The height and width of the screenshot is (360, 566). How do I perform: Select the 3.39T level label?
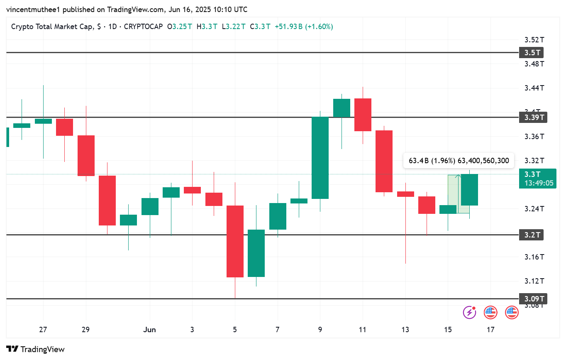533,118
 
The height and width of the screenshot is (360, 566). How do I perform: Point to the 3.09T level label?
533,299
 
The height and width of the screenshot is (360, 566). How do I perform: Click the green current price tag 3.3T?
537,174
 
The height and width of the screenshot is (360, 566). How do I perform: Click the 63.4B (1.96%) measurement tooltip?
459,161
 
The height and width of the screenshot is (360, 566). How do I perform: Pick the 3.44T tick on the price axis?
534,88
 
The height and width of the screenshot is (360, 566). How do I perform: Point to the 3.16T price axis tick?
534,257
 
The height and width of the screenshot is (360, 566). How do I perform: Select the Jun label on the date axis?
149,330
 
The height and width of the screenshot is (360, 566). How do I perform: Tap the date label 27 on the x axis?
43,330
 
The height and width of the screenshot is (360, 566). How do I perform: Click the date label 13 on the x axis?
405,330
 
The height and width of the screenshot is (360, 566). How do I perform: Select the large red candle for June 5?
235,241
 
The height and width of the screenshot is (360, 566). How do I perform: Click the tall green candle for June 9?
320,158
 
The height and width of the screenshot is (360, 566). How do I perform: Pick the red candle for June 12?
384,161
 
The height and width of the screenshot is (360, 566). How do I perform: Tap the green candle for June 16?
469,190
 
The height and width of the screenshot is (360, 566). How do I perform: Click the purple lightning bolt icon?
469,312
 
